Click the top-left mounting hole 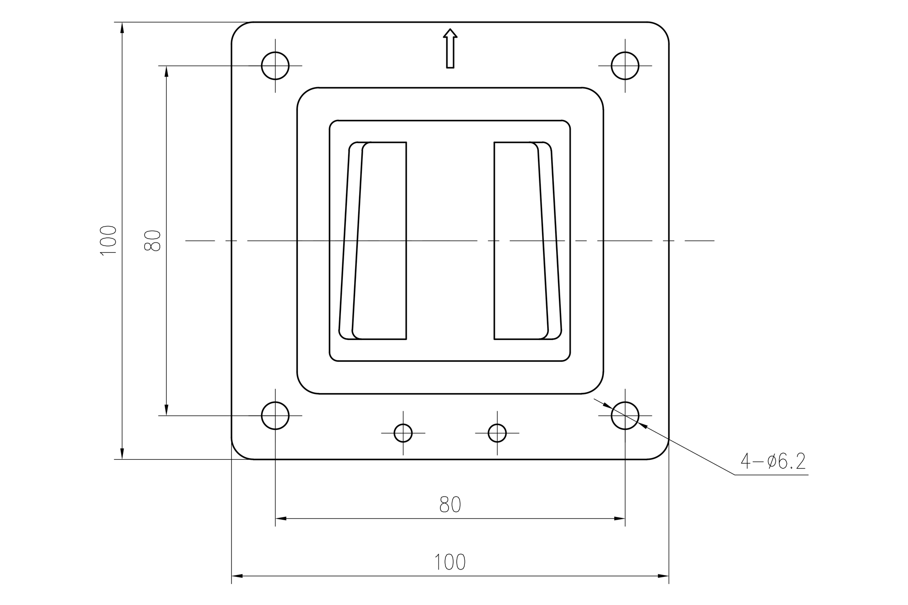[x=275, y=66]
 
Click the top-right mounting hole [x=625, y=66]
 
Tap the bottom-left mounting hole [x=275, y=415]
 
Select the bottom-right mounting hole [x=625, y=415]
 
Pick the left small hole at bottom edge [x=403, y=433]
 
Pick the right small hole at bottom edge [x=497, y=433]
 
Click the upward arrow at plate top [x=450, y=48]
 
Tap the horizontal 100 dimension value [x=450, y=562]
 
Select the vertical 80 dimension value [x=153, y=241]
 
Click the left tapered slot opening [x=379, y=241]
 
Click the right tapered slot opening [x=521, y=241]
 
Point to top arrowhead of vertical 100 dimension [x=122, y=27]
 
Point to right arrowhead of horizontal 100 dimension [x=664, y=576]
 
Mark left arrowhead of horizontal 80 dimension [x=281, y=518]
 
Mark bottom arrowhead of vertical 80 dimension [x=167, y=410]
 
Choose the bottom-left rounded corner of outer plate [x=238, y=453]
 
